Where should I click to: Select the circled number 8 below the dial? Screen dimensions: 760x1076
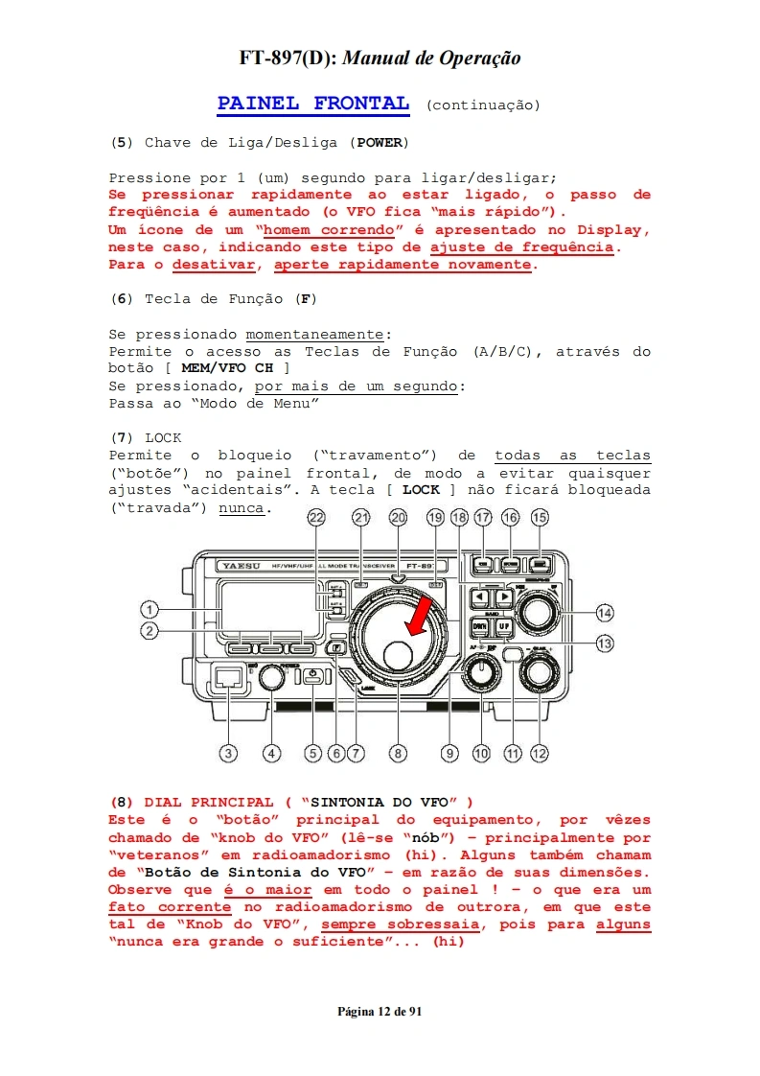click(x=399, y=754)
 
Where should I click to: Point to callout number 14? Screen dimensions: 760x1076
click(x=604, y=613)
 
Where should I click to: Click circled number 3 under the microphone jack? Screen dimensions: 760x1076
click(x=228, y=754)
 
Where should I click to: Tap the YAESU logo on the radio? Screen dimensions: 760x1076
click(x=233, y=566)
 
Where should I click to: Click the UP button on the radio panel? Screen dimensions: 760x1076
click(x=503, y=627)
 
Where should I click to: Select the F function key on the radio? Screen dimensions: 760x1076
click(x=335, y=648)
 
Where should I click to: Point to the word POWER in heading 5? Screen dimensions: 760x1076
click(x=382, y=143)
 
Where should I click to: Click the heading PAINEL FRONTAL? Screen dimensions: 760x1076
click(x=313, y=104)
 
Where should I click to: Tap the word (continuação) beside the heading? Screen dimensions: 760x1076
click(x=483, y=105)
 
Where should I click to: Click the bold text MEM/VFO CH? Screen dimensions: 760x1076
click(x=226, y=368)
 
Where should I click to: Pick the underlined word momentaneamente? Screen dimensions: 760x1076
click(x=314, y=334)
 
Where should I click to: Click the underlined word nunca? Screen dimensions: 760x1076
click(x=242, y=507)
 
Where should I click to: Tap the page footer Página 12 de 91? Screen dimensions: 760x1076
click(x=380, y=1012)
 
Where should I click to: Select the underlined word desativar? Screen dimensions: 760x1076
click(x=214, y=265)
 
